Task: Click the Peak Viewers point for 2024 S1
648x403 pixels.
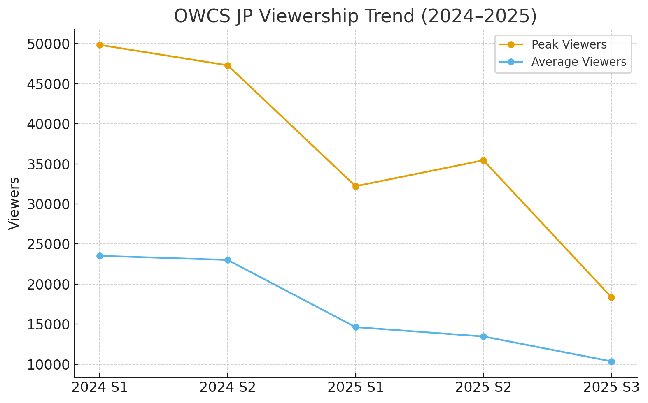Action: coord(100,45)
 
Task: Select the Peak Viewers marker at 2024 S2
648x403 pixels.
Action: coord(228,65)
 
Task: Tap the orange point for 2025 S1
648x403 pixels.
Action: coord(356,186)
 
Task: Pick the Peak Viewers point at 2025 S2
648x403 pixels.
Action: coord(483,160)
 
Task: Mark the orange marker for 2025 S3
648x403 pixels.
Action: coord(611,297)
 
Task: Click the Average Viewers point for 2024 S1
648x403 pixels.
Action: coord(100,256)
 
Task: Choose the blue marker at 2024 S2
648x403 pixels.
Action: coord(228,260)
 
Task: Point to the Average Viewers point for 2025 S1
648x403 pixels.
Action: coord(356,327)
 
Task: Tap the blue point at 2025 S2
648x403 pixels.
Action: coord(483,336)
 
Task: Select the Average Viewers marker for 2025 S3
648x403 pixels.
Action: coord(611,361)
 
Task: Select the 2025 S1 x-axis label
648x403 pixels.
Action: coord(356,387)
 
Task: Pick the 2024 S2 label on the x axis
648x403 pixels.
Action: coord(228,387)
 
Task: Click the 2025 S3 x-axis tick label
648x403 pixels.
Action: coord(611,387)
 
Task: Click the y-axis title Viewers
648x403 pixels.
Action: coord(14,203)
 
